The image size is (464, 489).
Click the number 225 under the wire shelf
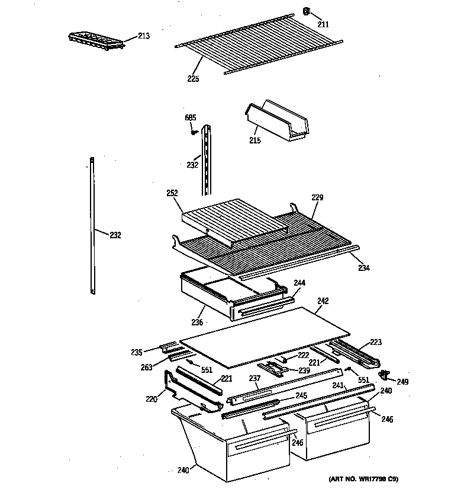(194, 78)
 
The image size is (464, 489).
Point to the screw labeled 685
(194, 132)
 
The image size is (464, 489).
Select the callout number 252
(173, 193)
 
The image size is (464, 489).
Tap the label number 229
(318, 197)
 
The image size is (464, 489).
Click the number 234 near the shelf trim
(363, 268)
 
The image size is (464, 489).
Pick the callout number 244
(299, 283)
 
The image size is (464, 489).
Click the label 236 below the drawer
(196, 322)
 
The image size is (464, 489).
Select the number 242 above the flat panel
(323, 301)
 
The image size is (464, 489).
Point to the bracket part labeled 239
(276, 368)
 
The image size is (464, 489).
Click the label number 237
(254, 378)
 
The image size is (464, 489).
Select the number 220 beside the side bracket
(152, 399)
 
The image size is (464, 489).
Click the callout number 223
(376, 342)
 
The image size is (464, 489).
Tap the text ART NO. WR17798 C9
(362, 479)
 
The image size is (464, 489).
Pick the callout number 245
(301, 395)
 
